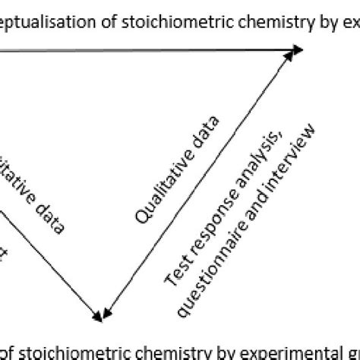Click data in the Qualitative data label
pos(207,131)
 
